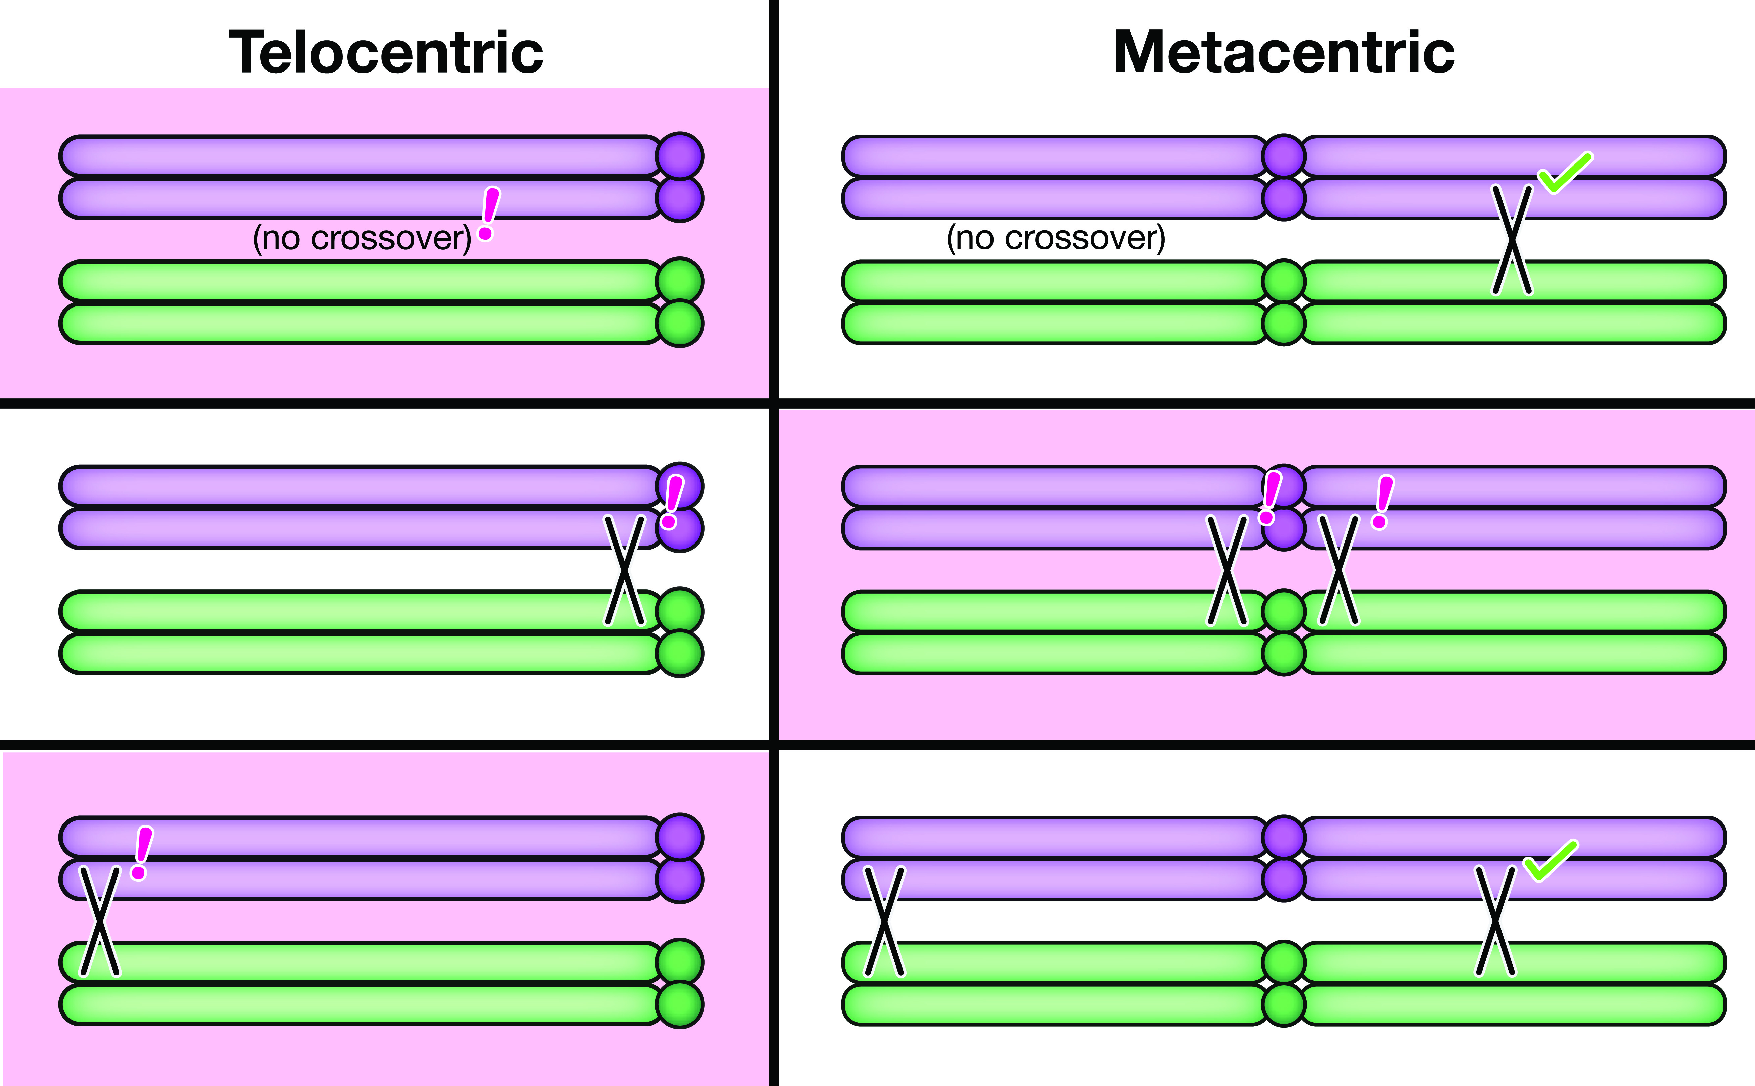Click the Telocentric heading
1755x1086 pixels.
click(386, 52)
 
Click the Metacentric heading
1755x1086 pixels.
click(1284, 52)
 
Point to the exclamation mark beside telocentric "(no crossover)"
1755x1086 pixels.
click(489, 213)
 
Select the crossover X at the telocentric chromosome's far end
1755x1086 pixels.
click(99, 922)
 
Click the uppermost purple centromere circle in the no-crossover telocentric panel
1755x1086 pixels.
click(680, 155)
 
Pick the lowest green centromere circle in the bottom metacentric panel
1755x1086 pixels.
click(1283, 1004)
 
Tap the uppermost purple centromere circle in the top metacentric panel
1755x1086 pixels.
click(1283, 155)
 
